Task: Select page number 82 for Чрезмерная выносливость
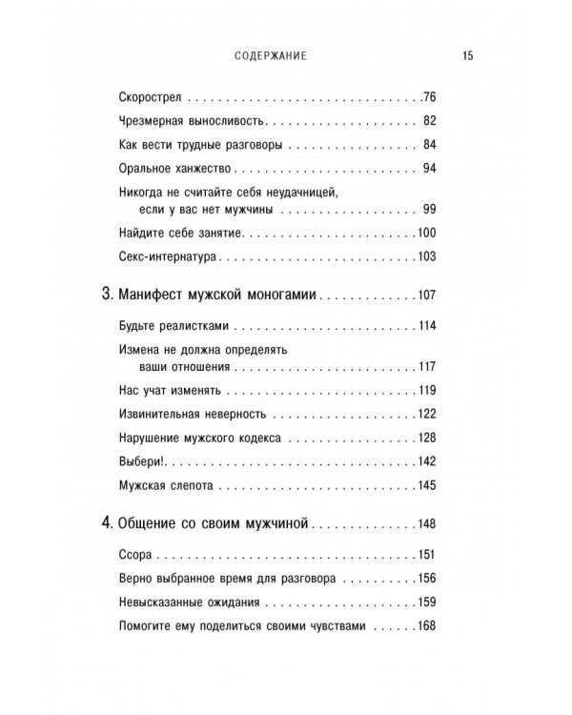[x=429, y=121]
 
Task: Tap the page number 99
[x=429, y=209]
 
